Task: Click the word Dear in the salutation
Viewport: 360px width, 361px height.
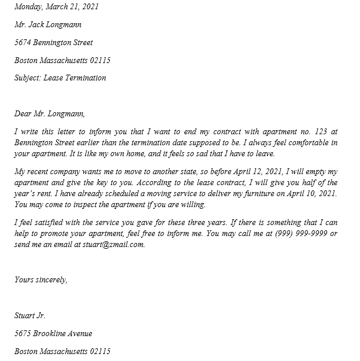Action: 23,114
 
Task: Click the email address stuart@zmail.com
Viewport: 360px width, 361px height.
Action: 113,245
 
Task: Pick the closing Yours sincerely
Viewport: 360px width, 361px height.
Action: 41,280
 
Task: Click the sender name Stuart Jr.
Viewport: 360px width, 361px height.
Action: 30,316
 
